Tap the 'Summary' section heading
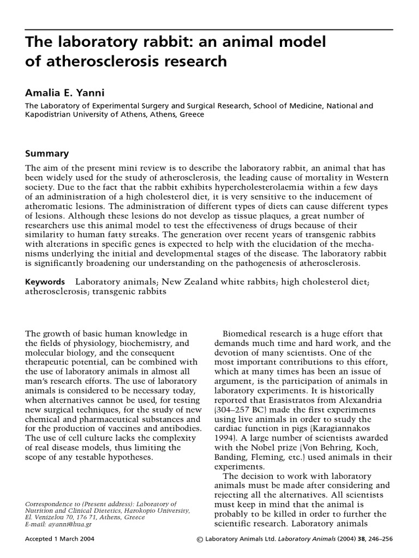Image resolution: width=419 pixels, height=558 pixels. click(x=46, y=154)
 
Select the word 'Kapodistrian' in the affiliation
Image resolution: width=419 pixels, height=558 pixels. click(x=52, y=115)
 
